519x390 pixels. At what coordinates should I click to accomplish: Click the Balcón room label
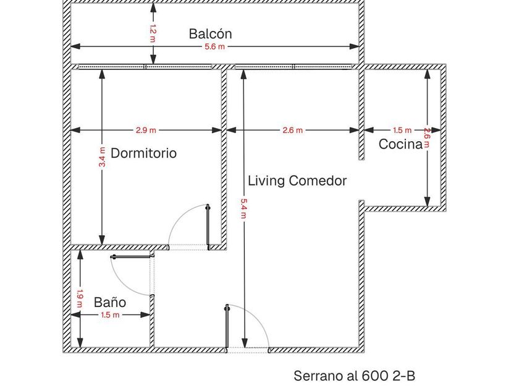coord(210,34)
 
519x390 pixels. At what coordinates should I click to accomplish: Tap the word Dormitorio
coord(143,154)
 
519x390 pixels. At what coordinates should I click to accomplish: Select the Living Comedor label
coord(297,181)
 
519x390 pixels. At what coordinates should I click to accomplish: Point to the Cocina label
coord(400,144)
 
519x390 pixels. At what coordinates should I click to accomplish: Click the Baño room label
coord(110,303)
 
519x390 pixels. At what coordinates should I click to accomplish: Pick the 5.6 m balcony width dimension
coord(214,47)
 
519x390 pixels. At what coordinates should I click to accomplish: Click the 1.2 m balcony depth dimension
coord(153,33)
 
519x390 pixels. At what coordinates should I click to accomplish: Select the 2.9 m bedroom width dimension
coord(146,131)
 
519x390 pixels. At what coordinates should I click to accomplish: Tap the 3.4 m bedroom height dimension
coord(103,157)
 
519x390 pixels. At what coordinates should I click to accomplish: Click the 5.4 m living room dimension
coord(243,209)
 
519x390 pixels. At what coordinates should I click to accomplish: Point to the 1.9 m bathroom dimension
coord(80,298)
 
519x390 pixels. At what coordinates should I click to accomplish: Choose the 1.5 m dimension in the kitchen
coord(402,131)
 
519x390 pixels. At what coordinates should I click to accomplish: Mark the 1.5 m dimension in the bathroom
coord(110,315)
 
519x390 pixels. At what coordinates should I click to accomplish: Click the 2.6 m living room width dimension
coord(293,131)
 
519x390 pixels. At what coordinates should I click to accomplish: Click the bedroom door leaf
coord(208,227)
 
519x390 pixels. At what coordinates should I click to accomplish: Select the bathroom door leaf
coord(132,256)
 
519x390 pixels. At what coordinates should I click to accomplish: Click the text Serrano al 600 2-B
coord(354,376)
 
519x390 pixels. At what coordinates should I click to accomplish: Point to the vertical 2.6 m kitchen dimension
coord(428,137)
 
